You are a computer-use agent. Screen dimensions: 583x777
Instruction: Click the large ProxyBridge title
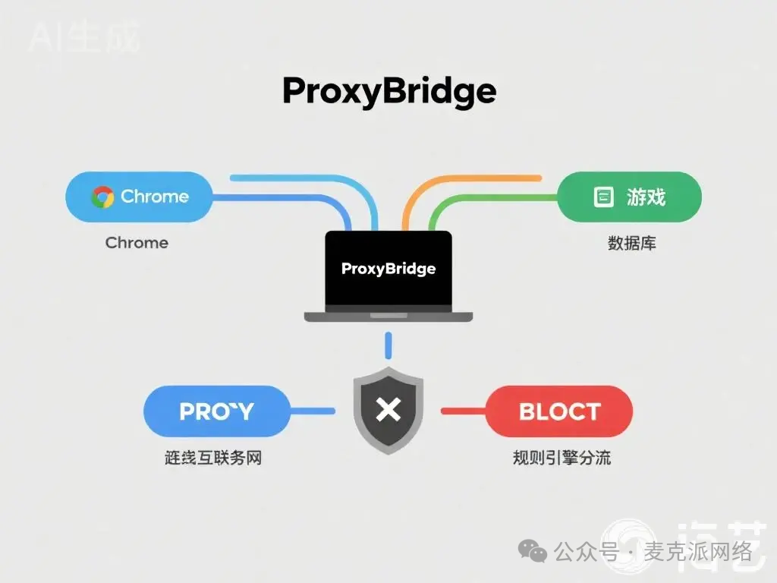click(x=388, y=92)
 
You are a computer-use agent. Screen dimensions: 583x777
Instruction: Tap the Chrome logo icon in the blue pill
click(x=102, y=197)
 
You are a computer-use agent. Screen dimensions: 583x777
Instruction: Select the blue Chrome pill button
click(x=138, y=197)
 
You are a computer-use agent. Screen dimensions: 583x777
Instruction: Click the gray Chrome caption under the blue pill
click(x=137, y=243)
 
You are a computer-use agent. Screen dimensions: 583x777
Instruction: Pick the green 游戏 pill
click(x=629, y=197)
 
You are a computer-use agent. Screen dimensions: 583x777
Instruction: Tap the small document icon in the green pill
click(x=602, y=197)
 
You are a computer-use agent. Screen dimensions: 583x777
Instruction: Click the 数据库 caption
click(x=631, y=244)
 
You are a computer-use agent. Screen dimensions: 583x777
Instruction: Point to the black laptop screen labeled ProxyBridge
click(x=388, y=269)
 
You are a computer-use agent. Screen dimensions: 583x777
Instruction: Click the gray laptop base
click(x=388, y=316)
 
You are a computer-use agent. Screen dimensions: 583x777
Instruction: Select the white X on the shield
click(x=388, y=411)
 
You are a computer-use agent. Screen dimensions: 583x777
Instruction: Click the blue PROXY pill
click(x=217, y=411)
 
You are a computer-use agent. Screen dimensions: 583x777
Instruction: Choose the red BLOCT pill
click(x=559, y=411)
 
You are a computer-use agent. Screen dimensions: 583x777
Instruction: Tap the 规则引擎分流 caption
click(x=562, y=459)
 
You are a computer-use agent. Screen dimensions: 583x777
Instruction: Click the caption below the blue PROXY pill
click(x=213, y=459)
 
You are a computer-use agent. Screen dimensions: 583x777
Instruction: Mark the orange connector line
click(x=470, y=179)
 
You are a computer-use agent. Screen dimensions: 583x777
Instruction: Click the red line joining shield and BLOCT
click(x=463, y=411)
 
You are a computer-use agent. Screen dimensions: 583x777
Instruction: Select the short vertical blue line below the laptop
click(x=388, y=345)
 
